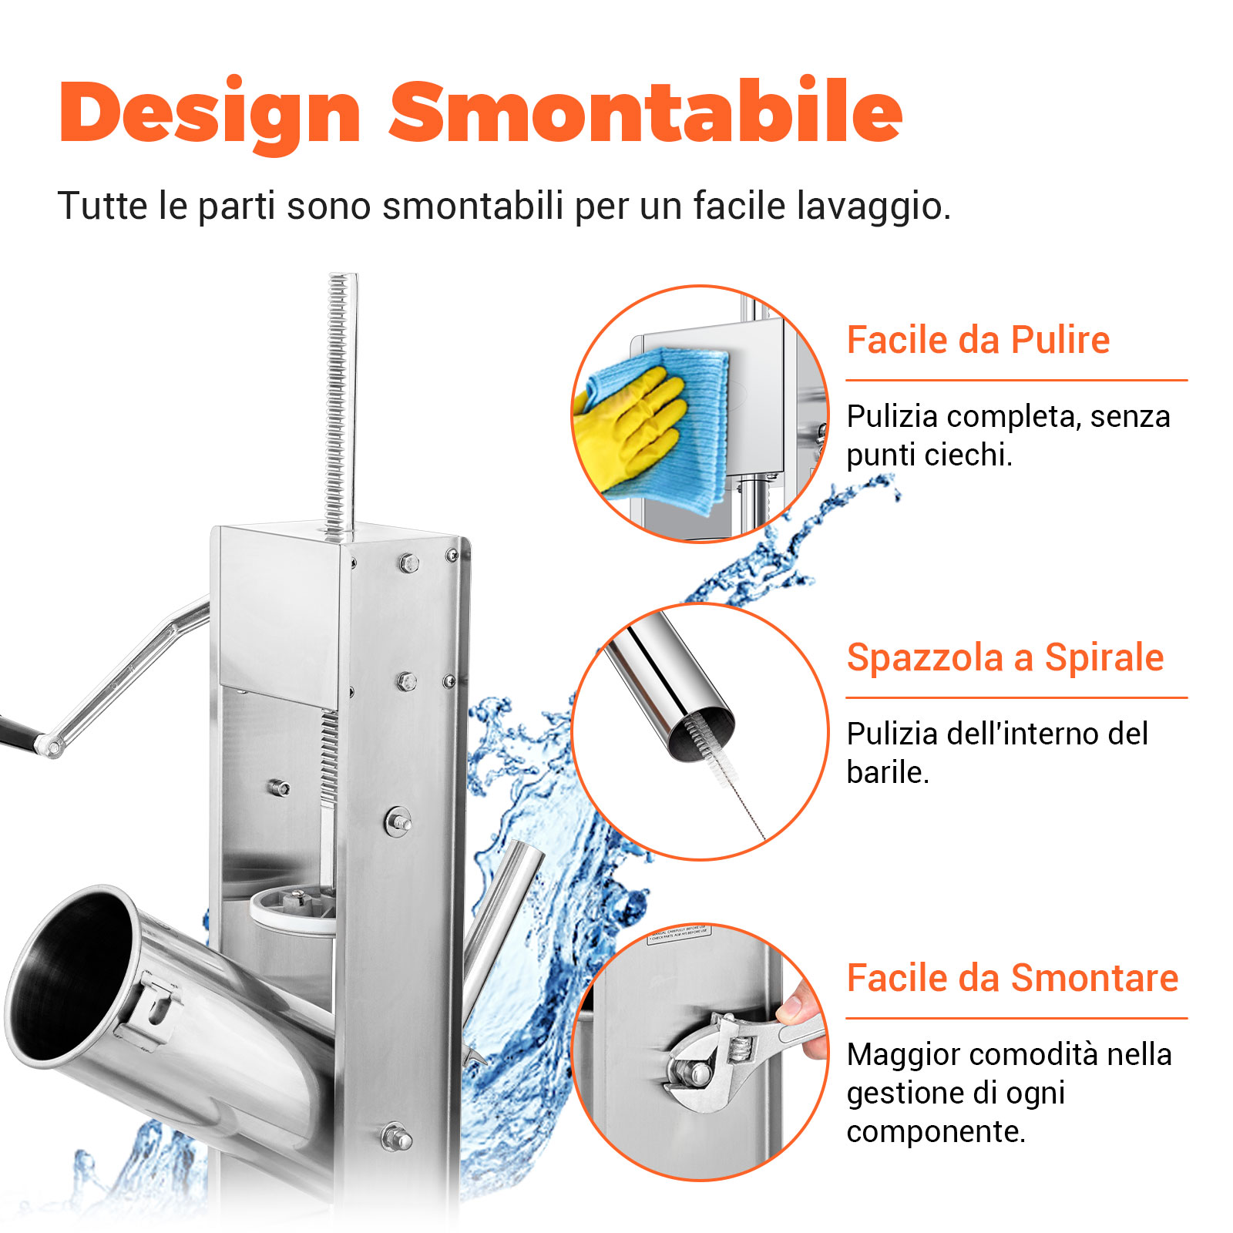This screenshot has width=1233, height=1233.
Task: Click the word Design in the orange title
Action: (210, 113)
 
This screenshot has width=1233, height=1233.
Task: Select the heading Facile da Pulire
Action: (978, 340)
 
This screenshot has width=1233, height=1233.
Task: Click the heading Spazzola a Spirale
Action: (1005, 658)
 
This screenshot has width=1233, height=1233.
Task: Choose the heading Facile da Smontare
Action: (1012, 979)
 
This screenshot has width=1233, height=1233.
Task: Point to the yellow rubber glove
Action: (632, 424)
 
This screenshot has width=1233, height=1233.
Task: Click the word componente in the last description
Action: (935, 1131)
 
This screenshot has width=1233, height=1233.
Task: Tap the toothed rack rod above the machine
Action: (340, 401)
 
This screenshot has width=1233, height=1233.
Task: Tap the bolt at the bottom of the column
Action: (396, 1137)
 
